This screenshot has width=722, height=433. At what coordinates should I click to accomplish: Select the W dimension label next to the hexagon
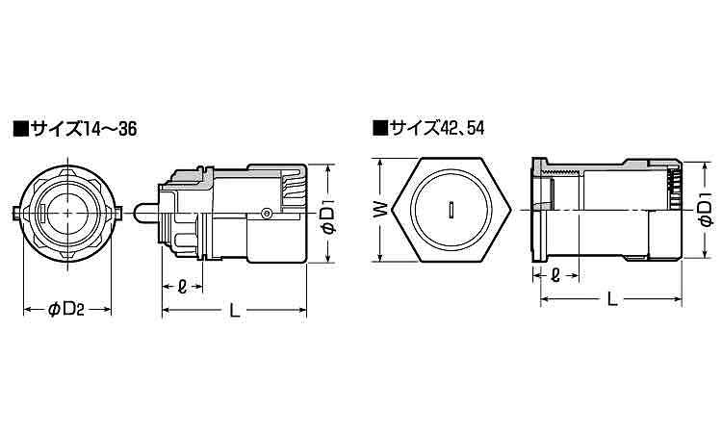coord(381,208)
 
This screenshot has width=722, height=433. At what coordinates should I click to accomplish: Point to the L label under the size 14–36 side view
coord(234,309)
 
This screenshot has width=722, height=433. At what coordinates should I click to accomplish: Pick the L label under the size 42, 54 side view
coord(612,300)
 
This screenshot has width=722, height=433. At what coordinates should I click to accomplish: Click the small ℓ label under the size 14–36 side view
coord(183,285)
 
